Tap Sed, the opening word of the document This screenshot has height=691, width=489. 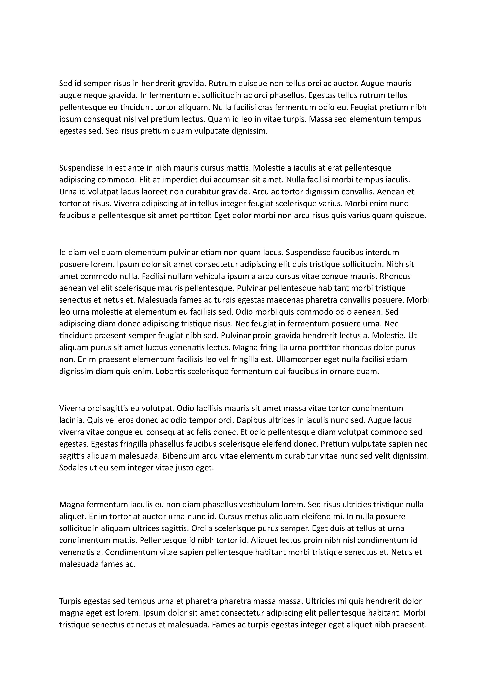[x=66, y=83]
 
